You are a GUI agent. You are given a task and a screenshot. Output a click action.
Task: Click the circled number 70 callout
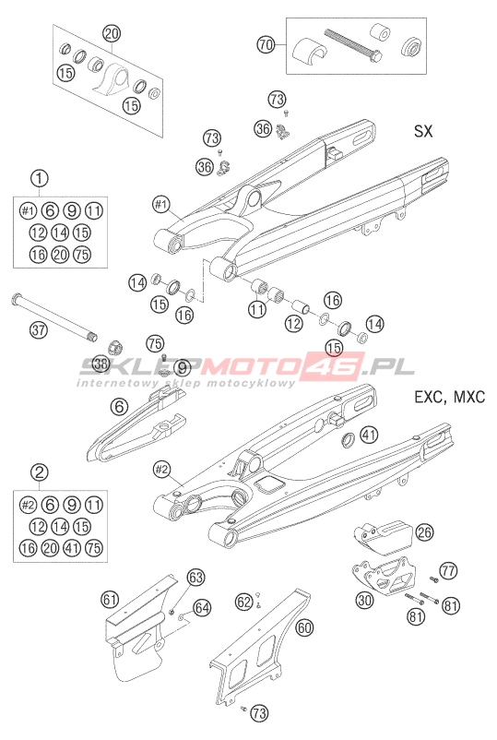pos(266,45)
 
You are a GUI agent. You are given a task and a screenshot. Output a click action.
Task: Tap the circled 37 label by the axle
pos(39,329)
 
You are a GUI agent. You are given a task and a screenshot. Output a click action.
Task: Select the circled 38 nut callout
pos(101,364)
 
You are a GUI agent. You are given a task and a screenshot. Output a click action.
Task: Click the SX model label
pos(423,131)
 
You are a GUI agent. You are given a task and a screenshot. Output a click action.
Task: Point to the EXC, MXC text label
pos(449,397)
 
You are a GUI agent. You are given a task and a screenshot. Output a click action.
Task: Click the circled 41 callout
pos(369,435)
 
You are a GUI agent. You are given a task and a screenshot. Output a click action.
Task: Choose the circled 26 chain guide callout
pos(424,532)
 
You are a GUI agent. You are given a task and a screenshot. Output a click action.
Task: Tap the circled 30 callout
pos(364,600)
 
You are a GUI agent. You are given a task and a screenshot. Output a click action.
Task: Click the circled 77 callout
pos(448,570)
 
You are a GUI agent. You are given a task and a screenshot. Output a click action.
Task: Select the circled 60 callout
pos(304,627)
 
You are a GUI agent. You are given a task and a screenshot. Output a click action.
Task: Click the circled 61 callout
pos(110,600)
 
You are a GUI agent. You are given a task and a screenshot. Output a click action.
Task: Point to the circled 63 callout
pos(195,577)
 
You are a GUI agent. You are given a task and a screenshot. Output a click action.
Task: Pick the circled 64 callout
pos(202,607)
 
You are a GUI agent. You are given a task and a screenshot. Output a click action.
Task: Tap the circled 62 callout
pos(244,602)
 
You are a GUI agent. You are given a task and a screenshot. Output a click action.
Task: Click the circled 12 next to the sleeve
pos(293,323)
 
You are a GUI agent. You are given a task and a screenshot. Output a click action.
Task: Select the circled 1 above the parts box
pos(39,178)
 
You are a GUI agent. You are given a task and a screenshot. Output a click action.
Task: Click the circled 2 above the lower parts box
pos(39,471)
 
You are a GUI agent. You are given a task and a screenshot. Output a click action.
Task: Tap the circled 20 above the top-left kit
pos(112,33)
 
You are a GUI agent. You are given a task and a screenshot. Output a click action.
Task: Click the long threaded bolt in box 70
pos(354,46)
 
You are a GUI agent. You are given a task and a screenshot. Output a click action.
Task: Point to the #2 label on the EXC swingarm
pos(161,469)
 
